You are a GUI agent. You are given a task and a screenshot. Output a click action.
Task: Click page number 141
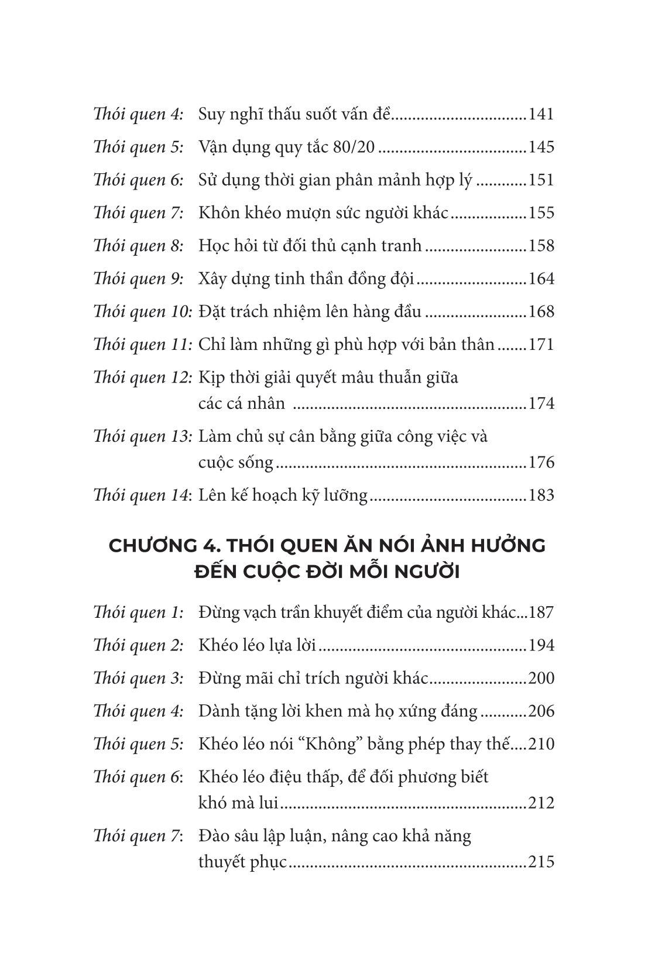click(540, 114)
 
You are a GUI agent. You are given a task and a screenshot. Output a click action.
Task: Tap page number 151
click(540, 180)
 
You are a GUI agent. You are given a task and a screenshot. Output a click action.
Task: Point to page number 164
click(540, 278)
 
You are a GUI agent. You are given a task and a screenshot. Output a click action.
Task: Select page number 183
click(540, 496)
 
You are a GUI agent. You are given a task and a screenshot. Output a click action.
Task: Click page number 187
click(540, 613)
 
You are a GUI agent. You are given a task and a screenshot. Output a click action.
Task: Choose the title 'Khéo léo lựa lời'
click(258, 645)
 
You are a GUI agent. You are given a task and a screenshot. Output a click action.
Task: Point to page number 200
click(540, 679)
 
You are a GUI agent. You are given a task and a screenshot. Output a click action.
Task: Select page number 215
click(540, 862)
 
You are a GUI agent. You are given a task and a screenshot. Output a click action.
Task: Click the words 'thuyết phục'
click(243, 862)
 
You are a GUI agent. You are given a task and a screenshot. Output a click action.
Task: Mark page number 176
click(540, 463)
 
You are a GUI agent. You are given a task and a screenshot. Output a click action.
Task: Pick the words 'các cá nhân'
click(242, 404)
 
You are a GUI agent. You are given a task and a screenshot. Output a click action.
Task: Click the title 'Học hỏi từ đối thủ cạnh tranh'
click(310, 245)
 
